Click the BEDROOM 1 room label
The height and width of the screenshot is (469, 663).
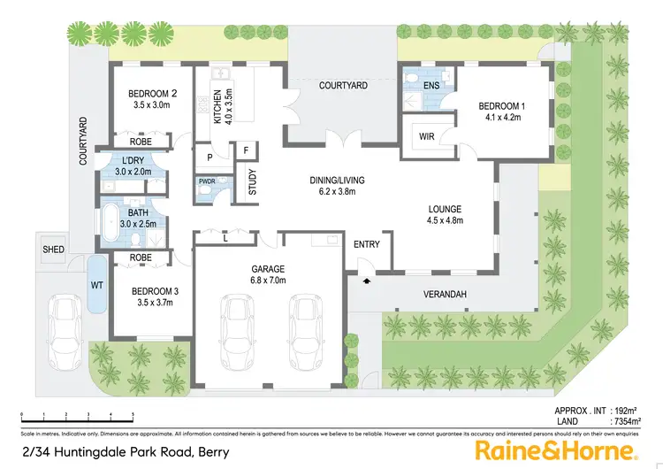coord(501,107)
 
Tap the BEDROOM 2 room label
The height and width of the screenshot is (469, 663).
coord(153,94)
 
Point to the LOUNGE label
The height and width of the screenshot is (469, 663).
coord(445,209)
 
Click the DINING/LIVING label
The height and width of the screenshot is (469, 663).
coord(337,181)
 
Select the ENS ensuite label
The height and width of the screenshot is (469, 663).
coord(431,85)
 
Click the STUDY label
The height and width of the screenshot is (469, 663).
coord(253,185)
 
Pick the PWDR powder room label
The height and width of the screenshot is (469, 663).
coord(206,181)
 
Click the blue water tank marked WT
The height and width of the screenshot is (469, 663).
coord(96,284)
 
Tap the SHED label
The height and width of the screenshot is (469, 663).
coord(53,250)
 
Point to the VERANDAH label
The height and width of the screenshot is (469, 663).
coord(445,295)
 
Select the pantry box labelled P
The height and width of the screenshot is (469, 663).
coord(210,157)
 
